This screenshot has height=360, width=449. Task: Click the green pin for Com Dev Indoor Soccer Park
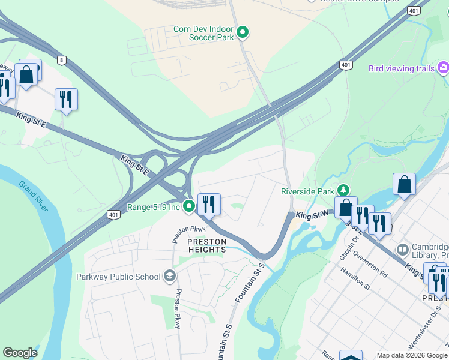243,32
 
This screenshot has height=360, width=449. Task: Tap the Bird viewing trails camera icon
444,68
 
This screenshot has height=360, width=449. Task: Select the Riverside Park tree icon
343,191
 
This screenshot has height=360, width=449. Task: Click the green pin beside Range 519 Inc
189,207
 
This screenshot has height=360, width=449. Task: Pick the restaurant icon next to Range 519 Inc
209,204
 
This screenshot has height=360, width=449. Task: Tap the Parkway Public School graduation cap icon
170,276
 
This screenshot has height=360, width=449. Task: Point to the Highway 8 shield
61,59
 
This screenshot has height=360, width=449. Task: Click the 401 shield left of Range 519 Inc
113,213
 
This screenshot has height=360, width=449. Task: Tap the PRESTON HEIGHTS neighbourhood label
207,245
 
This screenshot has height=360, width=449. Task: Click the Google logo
20,353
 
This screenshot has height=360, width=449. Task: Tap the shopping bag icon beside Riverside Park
346,207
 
